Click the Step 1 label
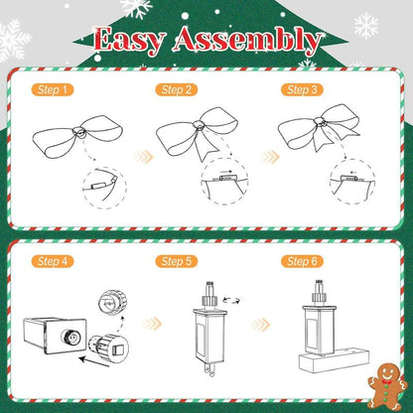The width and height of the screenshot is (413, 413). tap(53, 89)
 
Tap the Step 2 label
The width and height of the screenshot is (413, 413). tap(177, 89)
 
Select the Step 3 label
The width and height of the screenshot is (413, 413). tap(302, 89)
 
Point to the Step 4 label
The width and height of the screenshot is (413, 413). tap(53, 261)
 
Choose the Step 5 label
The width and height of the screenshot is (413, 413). tap(177, 261)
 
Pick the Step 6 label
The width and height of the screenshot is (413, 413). tap(302, 261)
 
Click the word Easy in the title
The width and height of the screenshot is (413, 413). tap(129, 41)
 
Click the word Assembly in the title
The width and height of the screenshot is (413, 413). tap(247, 42)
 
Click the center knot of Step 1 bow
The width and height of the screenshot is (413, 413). tap(79, 132)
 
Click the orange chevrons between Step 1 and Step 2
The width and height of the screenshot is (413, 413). tap(144, 157)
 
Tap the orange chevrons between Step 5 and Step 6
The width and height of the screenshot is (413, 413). tap(261, 325)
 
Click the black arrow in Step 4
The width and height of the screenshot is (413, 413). tap(94, 361)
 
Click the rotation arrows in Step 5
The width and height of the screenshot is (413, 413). tap(231, 300)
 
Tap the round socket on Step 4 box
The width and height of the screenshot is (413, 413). tap(70, 337)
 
